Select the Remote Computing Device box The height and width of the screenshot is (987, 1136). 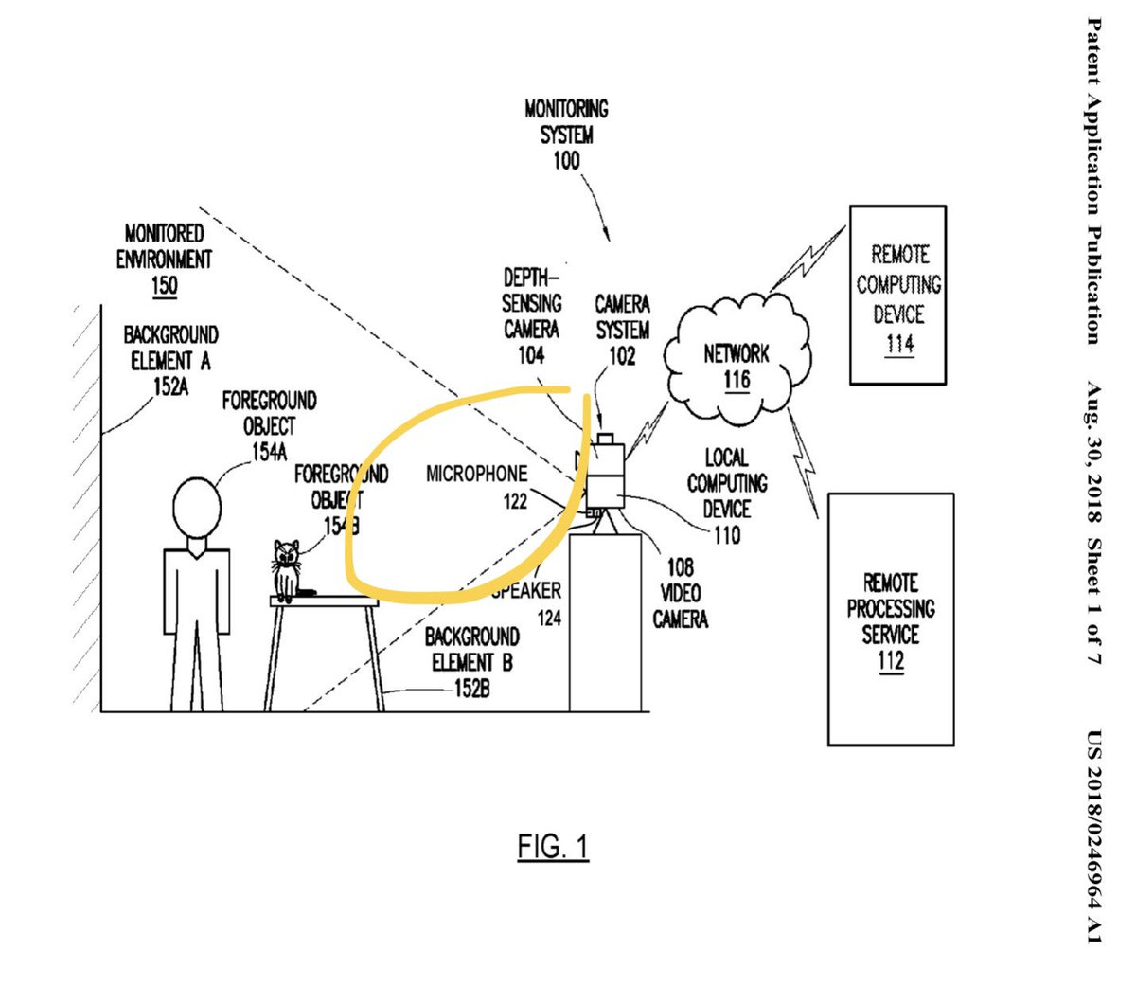coord(896,295)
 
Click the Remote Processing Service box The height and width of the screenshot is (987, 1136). coord(890,619)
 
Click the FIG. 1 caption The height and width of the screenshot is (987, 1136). coord(553,846)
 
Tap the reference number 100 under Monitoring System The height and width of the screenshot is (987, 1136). coord(566,161)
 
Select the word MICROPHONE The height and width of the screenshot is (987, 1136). coord(476,474)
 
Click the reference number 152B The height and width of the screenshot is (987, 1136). coord(472,689)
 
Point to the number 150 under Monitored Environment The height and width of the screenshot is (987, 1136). coord(164,285)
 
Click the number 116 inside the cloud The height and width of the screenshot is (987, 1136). coord(736,381)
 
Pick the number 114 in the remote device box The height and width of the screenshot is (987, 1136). coord(898,343)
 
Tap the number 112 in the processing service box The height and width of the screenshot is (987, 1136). coord(890,660)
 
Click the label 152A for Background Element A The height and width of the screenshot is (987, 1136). coord(169,386)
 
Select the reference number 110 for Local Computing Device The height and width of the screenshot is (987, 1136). coord(727,535)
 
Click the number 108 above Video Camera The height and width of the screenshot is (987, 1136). coord(680,567)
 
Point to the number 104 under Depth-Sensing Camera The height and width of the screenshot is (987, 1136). coord(531,355)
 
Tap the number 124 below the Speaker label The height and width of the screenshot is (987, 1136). coord(549,619)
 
